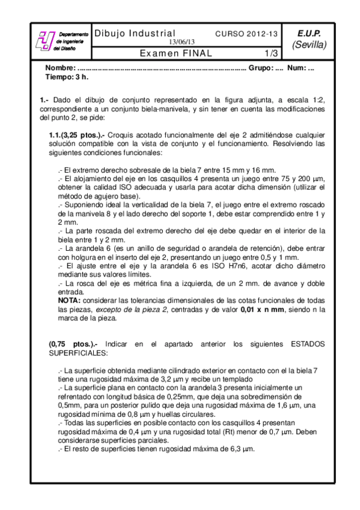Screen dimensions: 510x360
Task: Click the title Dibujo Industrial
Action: (x=135, y=34)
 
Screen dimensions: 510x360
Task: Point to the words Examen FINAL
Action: (x=176, y=53)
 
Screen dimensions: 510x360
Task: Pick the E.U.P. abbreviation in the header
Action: (x=309, y=34)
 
